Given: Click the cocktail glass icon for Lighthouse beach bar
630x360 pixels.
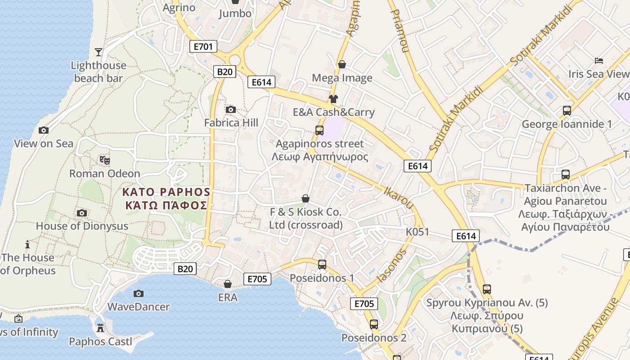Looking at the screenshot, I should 99,52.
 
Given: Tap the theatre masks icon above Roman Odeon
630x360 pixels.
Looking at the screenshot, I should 105,160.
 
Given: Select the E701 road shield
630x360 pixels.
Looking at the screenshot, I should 203,46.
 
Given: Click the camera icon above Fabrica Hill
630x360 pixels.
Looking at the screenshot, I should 231,109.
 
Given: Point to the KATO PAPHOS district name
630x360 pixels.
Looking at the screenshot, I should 166,192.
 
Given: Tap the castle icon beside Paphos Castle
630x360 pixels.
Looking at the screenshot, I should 100,328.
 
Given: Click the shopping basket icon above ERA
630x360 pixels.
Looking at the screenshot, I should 228,284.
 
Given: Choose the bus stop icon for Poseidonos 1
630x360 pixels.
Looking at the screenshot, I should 322,265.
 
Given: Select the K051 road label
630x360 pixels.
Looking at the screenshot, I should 417,232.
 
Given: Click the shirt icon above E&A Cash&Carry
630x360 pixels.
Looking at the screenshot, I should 333,99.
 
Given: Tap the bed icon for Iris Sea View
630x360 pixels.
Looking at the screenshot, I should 599,60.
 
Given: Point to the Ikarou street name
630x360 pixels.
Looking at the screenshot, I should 398,198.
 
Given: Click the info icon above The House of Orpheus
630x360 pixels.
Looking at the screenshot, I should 28,244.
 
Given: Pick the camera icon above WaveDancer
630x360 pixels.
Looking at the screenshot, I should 139,293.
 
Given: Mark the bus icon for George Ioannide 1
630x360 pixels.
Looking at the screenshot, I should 567,110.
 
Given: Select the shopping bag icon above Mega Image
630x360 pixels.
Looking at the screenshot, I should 342,64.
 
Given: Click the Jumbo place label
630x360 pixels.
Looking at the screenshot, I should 235,13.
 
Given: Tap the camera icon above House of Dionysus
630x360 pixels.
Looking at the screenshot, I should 82,213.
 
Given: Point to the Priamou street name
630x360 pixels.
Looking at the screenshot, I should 399,27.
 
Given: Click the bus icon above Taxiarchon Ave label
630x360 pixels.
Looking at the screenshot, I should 566,174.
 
